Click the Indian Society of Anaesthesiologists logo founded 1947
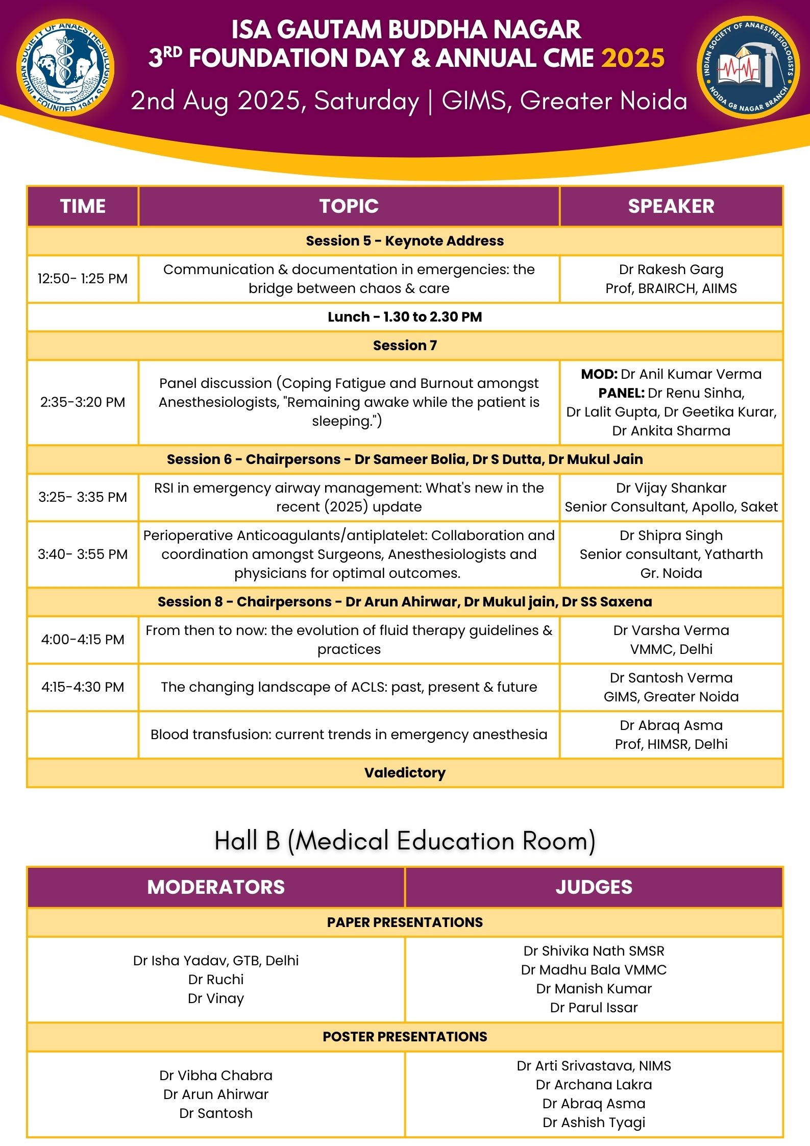[x=65, y=67]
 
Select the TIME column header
[x=83, y=206]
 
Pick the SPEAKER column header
[x=671, y=206]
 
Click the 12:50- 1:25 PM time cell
[x=83, y=279]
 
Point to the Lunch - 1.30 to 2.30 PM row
[x=405, y=317]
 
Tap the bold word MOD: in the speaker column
[x=599, y=374]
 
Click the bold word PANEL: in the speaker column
[x=621, y=393]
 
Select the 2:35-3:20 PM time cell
[x=83, y=402]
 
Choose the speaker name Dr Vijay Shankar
[x=671, y=488]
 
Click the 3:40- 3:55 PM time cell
[x=83, y=554]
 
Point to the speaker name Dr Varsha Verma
[x=671, y=630]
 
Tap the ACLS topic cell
[x=349, y=687]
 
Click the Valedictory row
[x=405, y=773]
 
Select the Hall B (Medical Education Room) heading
[x=405, y=841]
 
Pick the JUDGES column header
[x=594, y=887]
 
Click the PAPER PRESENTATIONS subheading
[x=405, y=922]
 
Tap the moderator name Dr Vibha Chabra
[x=216, y=1076]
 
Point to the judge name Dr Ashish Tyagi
[x=594, y=1123]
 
